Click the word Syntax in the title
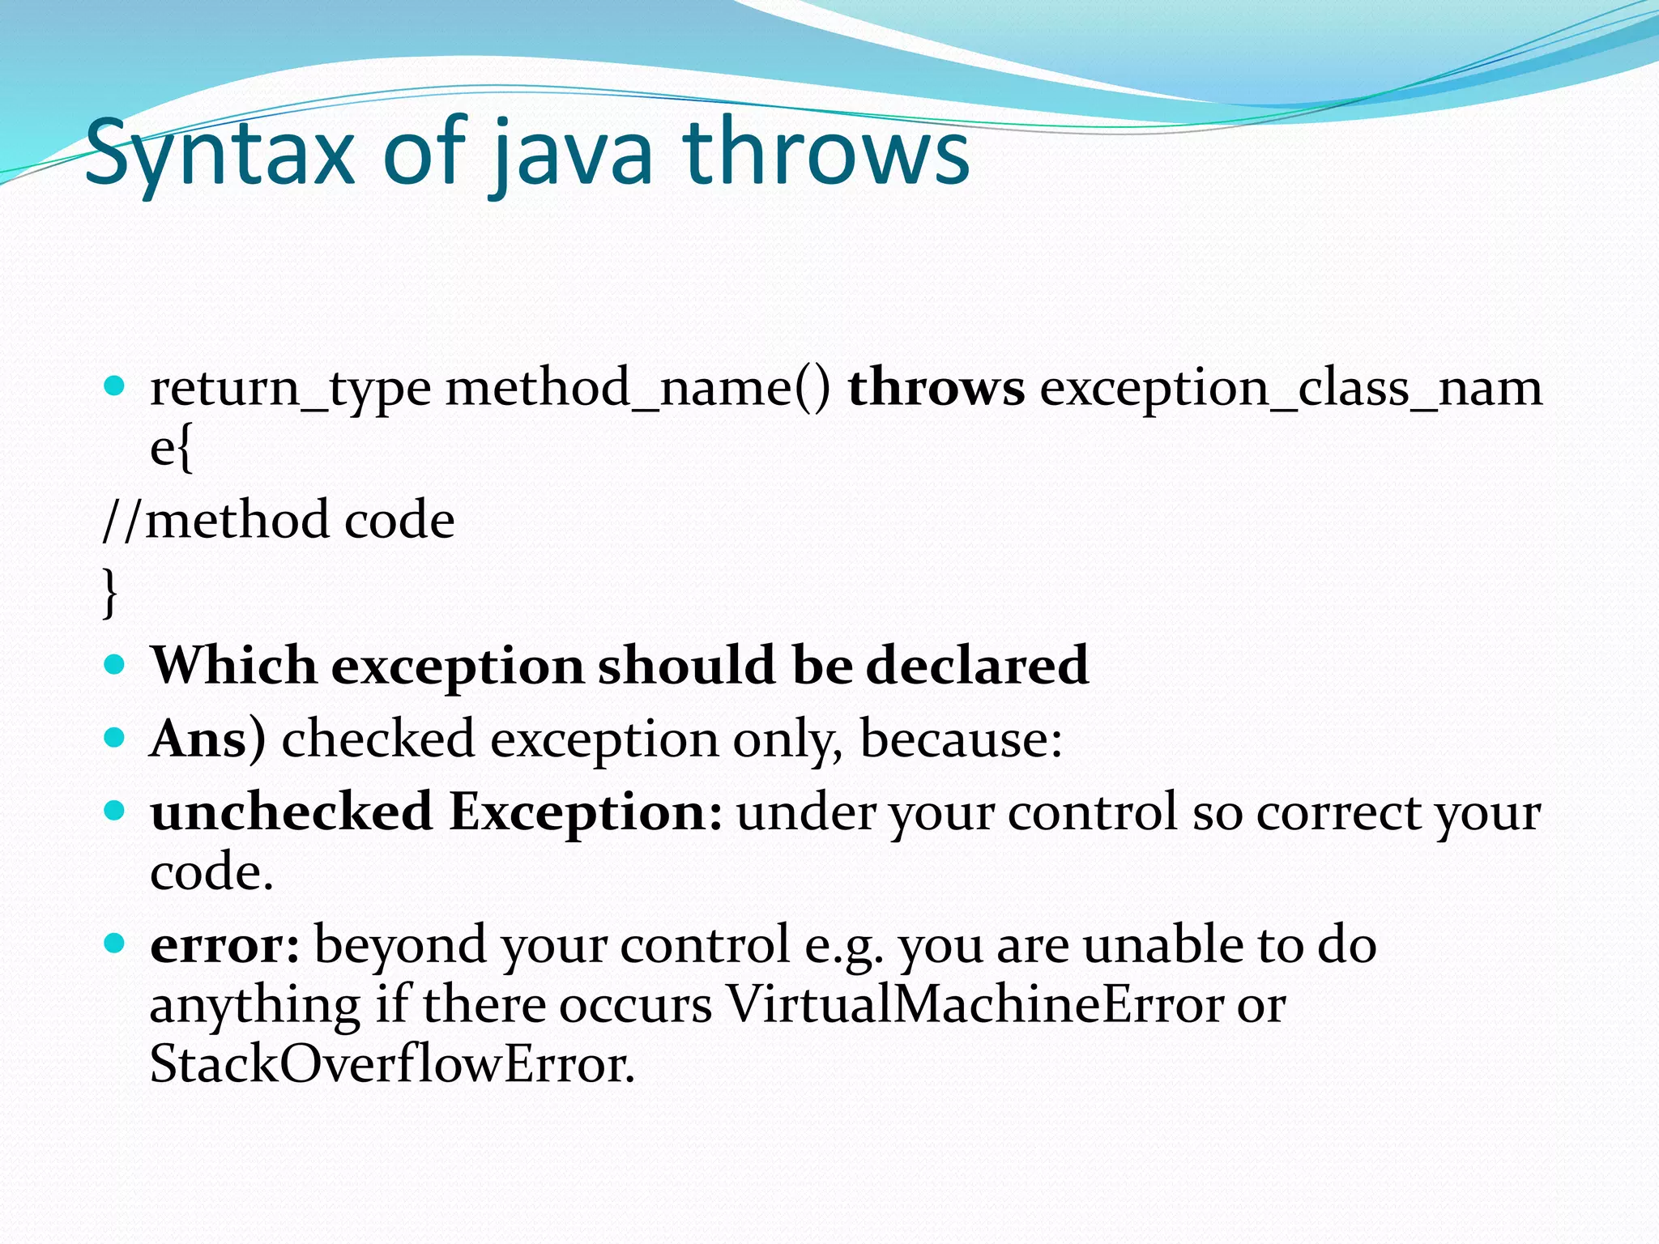pyautogui.click(x=219, y=154)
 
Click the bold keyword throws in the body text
pyautogui.click(x=936, y=387)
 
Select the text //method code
pyautogui.click(x=279, y=520)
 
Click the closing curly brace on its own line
pyautogui.click(x=110, y=591)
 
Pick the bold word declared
pyautogui.click(x=977, y=666)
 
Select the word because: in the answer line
pyautogui.click(x=961, y=739)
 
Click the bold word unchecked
pyautogui.click(x=292, y=812)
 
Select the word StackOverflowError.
pyautogui.click(x=392, y=1064)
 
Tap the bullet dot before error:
pyautogui.click(x=115, y=943)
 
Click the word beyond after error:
pyautogui.click(x=400, y=946)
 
